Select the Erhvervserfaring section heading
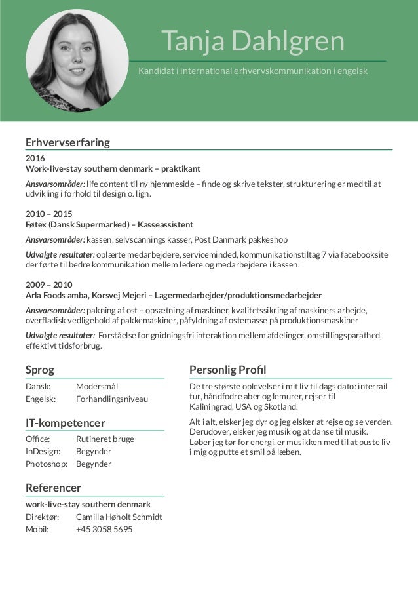[x=67, y=142]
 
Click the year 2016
[x=35, y=159]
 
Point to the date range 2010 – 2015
[x=49, y=214]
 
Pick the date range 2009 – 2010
[x=49, y=285]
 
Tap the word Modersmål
[x=96, y=386]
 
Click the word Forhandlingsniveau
[x=112, y=399]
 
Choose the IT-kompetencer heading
[x=65, y=422]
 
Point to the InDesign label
[x=43, y=451]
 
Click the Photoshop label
[x=47, y=464]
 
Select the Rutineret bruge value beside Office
[x=105, y=439]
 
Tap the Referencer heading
[x=53, y=488]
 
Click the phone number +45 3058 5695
[x=104, y=529]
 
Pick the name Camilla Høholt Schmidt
[x=119, y=517]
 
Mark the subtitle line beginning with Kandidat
[x=253, y=70]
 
